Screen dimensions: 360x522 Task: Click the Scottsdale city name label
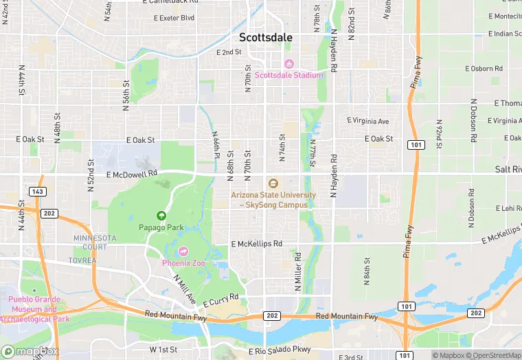[266, 38]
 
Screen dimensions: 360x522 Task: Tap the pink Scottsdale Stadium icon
[288, 64]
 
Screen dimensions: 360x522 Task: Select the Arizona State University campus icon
[273, 183]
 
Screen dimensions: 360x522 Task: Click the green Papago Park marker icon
[162, 216]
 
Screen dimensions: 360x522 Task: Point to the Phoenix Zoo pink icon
[182, 251]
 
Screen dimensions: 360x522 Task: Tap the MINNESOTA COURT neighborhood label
[90, 242]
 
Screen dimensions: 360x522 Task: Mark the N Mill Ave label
[185, 289]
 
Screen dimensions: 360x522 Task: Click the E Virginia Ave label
[367, 121]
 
